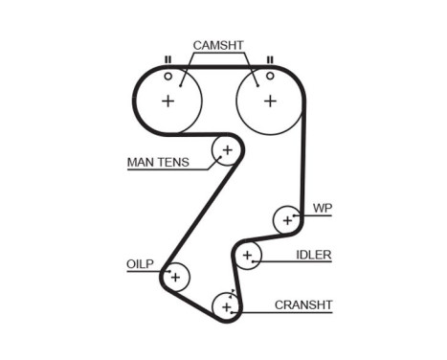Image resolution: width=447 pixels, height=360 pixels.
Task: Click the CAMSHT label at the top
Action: [219, 45]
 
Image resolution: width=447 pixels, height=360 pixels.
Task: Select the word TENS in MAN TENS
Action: [174, 163]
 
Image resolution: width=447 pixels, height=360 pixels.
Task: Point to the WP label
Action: [322, 207]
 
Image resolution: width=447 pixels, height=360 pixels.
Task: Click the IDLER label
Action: [314, 255]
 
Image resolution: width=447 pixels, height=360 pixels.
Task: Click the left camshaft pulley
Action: [168, 100]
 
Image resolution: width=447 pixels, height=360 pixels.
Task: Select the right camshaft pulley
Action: [269, 99]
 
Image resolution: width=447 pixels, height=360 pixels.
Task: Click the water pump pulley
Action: [286, 219]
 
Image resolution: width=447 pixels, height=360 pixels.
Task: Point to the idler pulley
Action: [247, 255]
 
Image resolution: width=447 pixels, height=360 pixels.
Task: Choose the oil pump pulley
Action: [176, 277]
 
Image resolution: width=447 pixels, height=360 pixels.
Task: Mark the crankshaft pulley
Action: [227, 306]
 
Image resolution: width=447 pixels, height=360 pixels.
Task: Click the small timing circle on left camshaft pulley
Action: [168, 76]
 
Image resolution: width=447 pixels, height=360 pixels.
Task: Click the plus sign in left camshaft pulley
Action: [168, 101]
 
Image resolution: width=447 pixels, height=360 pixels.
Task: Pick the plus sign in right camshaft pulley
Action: [269, 100]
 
